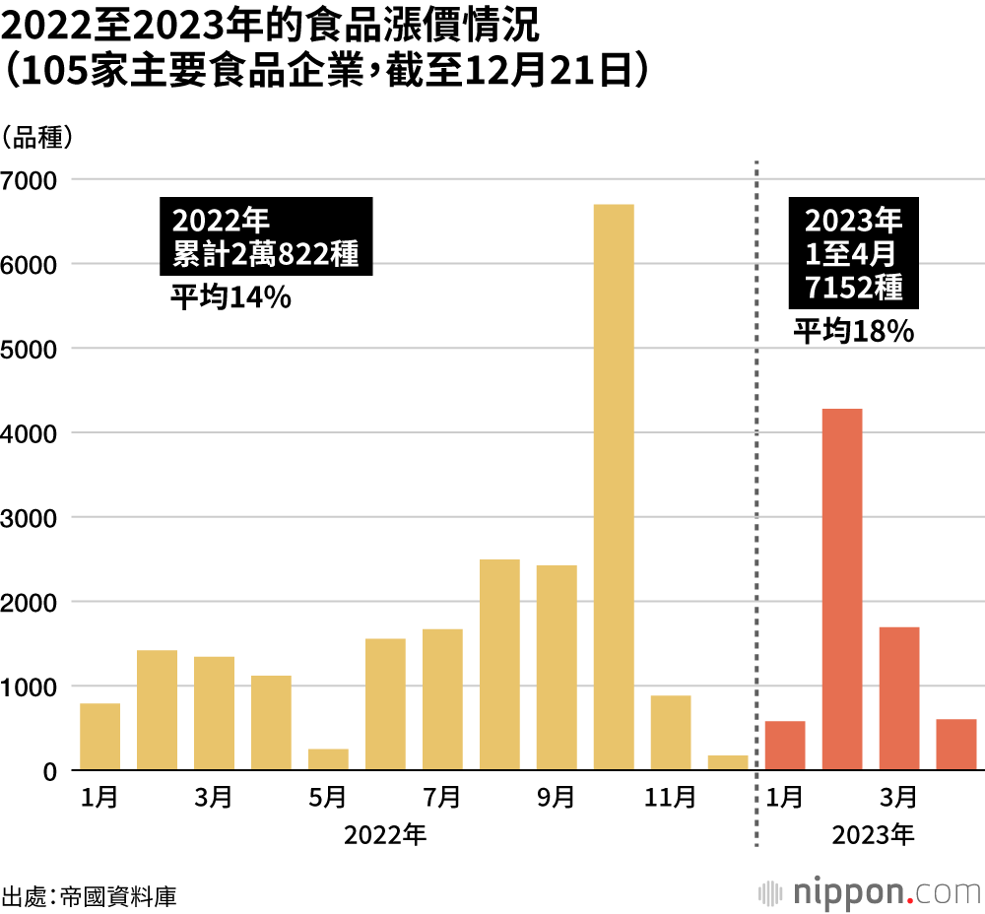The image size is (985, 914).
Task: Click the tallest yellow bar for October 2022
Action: tap(614, 487)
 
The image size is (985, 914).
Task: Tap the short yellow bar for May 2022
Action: tap(328, 759)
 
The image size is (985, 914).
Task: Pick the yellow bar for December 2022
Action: tap(728, 762)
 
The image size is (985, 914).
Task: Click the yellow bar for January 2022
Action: tap(99, 737)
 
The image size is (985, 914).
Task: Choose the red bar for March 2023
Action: tap(899, 698)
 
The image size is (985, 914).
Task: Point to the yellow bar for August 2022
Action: tap(499, 665)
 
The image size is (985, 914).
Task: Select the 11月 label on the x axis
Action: tap(670, 796)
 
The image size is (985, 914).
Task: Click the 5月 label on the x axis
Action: tap(327, 796)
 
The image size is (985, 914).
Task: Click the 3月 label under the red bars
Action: tap(898, 796)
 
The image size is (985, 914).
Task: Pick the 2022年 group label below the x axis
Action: tap(385, 836)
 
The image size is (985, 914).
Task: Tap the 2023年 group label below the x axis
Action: tap(873, 836)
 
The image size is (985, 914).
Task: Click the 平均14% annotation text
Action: tap(231, 296)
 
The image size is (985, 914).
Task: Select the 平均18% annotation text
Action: tap(854, 332)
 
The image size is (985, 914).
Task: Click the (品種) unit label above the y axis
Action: tap(38, 138)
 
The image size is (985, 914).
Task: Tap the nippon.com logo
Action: tap(871, 892)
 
